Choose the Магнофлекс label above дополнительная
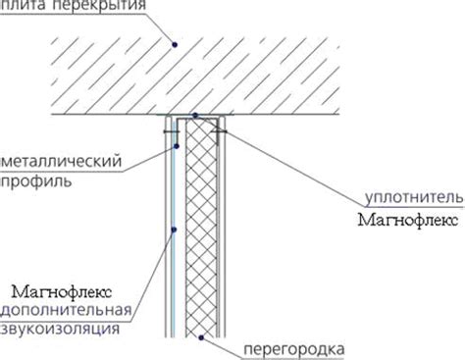(x=61, y=291)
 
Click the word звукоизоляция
(x=61, y=331)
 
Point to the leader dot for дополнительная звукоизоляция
(x=174, y=231)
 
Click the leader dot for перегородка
(x=201, y=337)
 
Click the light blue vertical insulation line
(x=173, y=275)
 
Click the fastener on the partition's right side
(x=225, y=128)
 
